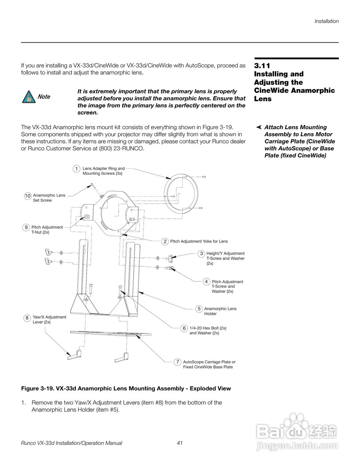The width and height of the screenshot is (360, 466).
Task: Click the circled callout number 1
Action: (x=76, y=169)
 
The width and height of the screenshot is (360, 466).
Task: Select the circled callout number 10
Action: (x=28, y=196)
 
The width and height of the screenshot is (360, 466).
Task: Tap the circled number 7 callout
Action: (x=177, y=362)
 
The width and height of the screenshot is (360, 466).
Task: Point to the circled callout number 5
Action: (x=199, y=309)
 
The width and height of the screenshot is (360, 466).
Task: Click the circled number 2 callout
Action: (x=165, y=241)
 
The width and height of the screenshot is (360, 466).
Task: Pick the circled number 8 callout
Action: (x=27, y=318)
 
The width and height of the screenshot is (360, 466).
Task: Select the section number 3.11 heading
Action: (x=262, y=66)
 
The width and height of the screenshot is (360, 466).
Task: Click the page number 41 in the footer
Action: (x=179, y=443)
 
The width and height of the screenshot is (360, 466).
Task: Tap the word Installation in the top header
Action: (x=327, y=21)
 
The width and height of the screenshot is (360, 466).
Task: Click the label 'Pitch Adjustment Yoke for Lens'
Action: (x=199, y=241)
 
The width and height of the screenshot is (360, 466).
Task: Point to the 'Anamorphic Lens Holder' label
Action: (x=220, y=311)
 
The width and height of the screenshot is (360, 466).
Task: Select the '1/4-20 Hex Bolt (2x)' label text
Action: (x=208, y=328)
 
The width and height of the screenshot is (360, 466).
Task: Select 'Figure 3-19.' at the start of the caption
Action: (x=37, y=388)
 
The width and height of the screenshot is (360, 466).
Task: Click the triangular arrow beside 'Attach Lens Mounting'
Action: (x=259, y=127)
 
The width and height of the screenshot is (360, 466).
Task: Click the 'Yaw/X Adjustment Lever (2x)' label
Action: (x=50, y=320)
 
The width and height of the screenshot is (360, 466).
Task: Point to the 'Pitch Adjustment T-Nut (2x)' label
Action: (x=47, y=230)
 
